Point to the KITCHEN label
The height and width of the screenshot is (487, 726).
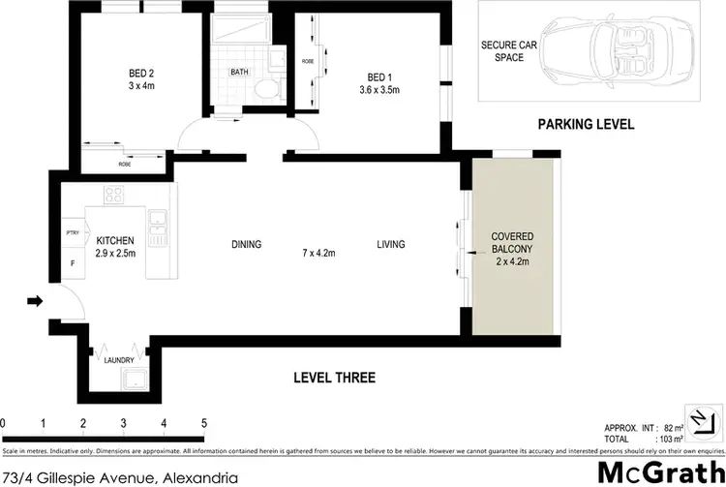[114, 239]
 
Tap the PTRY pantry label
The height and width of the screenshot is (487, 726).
[72, 232]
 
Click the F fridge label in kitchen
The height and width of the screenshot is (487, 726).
[71, 262]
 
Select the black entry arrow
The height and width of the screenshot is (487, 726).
[36, 302]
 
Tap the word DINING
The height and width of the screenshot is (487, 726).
[246, 245]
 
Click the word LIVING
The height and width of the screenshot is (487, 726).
[391, 245]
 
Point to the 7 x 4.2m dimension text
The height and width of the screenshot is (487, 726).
[318, 255]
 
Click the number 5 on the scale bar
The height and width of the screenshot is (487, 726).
[203, 423]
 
